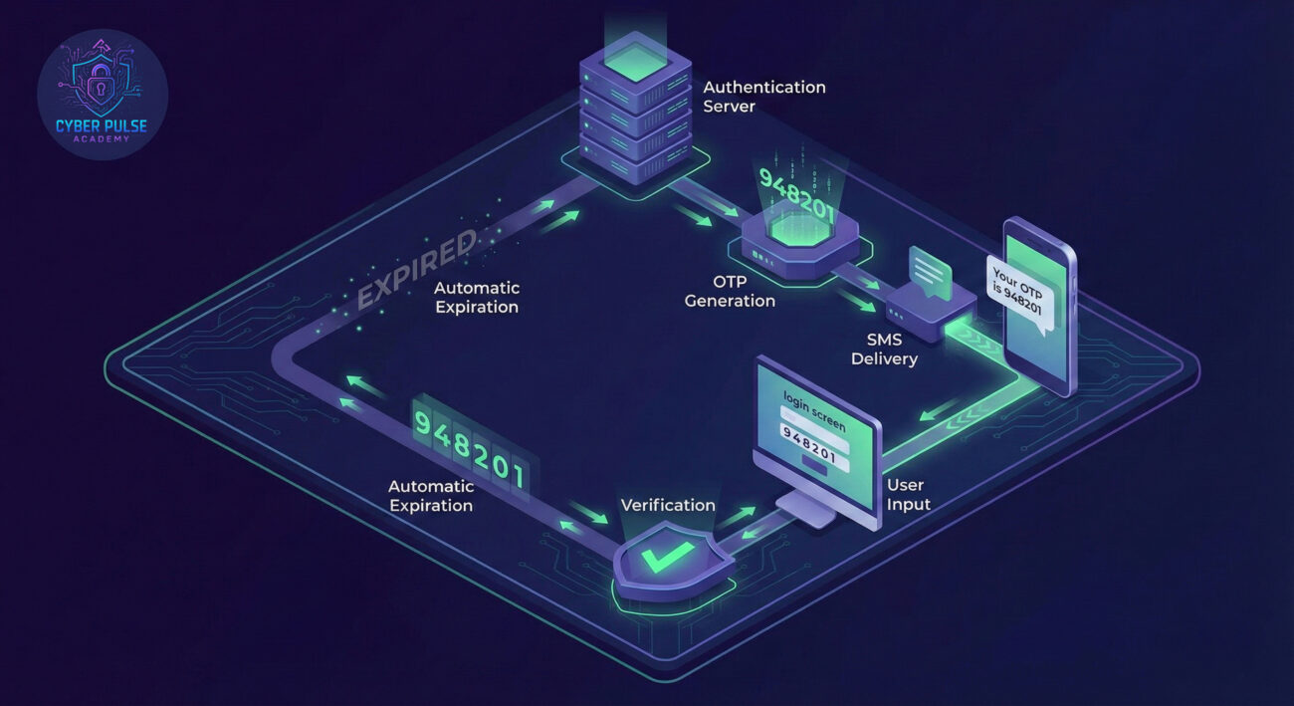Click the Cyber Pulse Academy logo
coord(102,94)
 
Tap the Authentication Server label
coord(763,96)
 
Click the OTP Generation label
coord(730,291)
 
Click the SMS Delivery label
coord(884,349)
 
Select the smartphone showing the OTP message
coord(1037,305)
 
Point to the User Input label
coord(908,495)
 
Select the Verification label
coord(668,505)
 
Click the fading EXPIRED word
coord(417,270)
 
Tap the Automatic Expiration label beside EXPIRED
coord(476,297)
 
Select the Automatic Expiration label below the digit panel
coord(430,496)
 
